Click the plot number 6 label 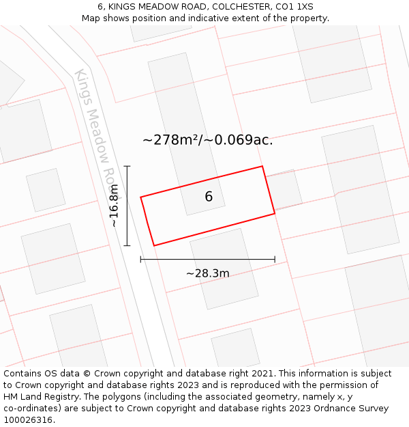pyautogui.click(x=209, y=197)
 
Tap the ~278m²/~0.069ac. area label pyautogui.click(x=208, y=140)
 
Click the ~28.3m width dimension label pyautogui.click(x=207, y=273)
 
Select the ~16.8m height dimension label pyautogui.click(x=114, y=206)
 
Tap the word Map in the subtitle pyautogui.click(x=91, y=18)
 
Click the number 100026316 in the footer pyautogui.click(x=28, y=419)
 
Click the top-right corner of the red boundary pyautogui.click(x=262, y=166)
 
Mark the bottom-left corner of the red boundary pyautogui.click(x=154, y=245)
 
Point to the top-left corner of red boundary pyautogui.click(x=141, y=197)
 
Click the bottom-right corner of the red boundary pyautogui.click(x=275, y=214)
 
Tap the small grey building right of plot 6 pyautogui.click(x=284, y=190)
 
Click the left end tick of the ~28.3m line pyautogui.click(x=141, y=259)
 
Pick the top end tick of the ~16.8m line pyautogui.click(x=127, y=166)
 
